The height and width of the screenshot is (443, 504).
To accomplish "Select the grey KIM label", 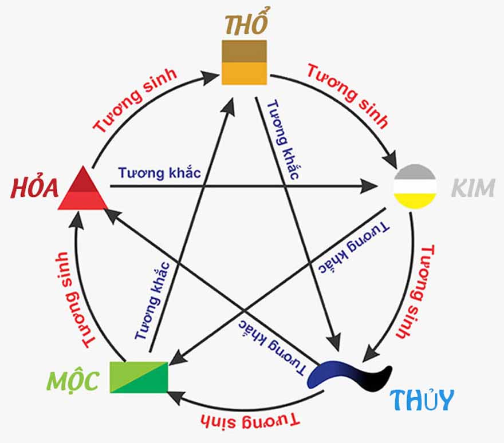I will [x=472, y=187].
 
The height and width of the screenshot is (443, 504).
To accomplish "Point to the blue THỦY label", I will [x=422, y=399].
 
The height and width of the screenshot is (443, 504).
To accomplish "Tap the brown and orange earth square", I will [x=245, y=62].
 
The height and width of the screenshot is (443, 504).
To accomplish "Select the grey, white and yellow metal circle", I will [x=415, y=186].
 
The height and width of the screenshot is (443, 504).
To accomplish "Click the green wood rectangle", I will [x=139, y=377].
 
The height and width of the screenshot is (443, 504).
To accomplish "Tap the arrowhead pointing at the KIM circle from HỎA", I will [x=369, y=186].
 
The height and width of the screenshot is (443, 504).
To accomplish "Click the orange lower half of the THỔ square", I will [x=245, y=73].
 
